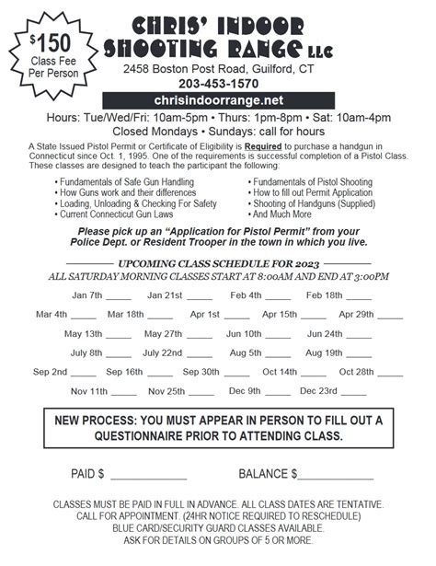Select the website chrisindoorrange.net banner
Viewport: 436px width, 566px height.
tap(218, 99)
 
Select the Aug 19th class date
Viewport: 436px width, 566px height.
tap(324, 352)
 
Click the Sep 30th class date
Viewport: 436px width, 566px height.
tap(201, 372)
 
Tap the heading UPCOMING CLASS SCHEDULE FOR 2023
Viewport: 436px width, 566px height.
tap(217, 262)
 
